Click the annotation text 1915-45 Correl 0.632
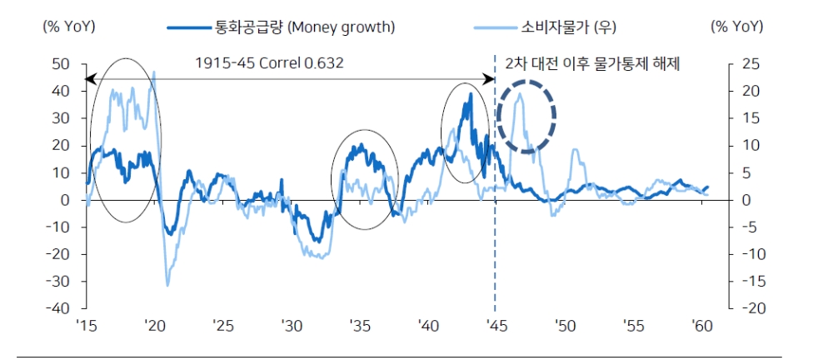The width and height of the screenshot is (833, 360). coord(269,63)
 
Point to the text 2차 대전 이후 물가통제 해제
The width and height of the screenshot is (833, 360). coord(593,63)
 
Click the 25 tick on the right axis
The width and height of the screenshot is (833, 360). coord(749,63)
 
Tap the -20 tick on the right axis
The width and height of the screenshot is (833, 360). coord(746,308)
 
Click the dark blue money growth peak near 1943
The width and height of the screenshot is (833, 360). coord(471,95)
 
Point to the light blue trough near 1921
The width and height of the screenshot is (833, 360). coord(167,285)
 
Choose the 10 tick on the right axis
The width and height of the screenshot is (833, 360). coord(749,145)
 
